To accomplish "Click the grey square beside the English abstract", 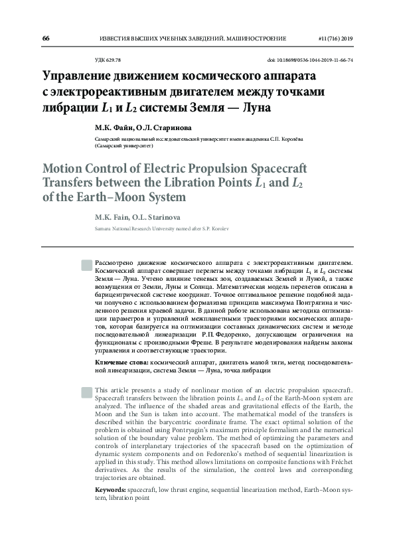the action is click(x=86, y=391).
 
